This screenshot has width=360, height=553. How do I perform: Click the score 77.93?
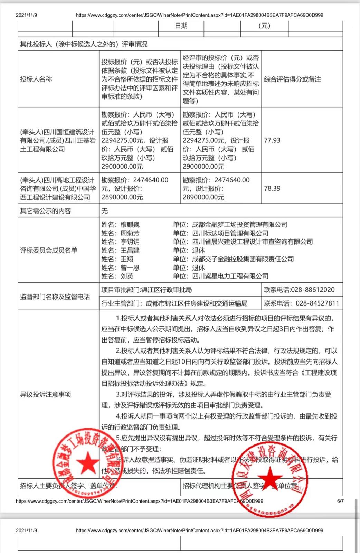pyautogui.click(x=272, y=140)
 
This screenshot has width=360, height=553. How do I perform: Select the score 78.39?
pyautogui.click(x=272, y=188)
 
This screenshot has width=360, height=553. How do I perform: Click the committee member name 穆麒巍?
pyautogui.click(x=130, y=225)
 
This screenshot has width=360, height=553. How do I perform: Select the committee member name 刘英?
pyautogui.click(x=127, y=276)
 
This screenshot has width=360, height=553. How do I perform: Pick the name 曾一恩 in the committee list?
pyautogui.click(x=130, y=268)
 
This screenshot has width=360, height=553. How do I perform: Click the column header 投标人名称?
pyautogui.click(x=36, y=79)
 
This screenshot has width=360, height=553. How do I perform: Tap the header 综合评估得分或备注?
pyautogui.click(x=292, y=79)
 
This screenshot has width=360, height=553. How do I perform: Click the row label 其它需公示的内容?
pyautogui.click(x=45, y=211)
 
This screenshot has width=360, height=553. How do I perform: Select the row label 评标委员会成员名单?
pyautogui.click(x=48, y=250)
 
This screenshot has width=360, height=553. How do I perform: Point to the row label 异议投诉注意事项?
pyautogui.click(x=45, y=394)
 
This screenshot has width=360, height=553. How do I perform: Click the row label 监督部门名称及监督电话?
pyautogui.click(x=55, y=297)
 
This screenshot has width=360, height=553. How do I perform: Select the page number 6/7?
pyautogui.click(x=340, y=501)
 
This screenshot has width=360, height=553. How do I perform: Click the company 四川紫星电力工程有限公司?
pyautogui.click(x=230, y=276)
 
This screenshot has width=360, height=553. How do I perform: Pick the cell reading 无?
pyautogui.click(x=104, y=211)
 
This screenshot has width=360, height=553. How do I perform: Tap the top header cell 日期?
pyautogui.click(x=181, y=26)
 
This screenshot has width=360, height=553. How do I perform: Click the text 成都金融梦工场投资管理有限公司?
pyautogui.click(x=239, y=225)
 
